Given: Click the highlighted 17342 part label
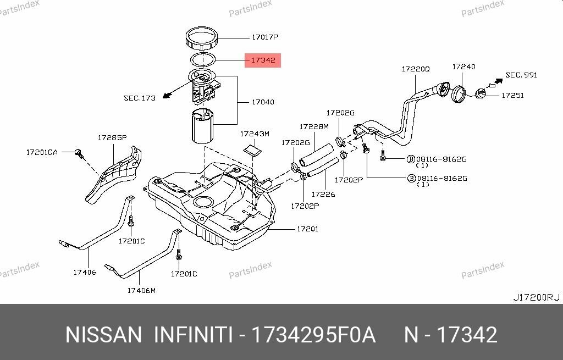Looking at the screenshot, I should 263,60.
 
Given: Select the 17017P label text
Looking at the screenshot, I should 265,37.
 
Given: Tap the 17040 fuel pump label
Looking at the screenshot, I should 263,102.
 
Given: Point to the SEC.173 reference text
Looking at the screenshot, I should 139,98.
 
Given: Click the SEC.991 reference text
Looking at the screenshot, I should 521,75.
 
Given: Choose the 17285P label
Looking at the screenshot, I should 112,137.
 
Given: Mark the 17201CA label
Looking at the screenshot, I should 41,152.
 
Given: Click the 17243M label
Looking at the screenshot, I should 255,134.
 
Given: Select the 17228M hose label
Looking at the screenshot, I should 313,126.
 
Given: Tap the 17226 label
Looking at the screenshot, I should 323,194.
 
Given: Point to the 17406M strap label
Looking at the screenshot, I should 141,290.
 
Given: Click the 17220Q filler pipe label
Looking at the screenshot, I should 415,69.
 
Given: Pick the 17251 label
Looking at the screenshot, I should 512,95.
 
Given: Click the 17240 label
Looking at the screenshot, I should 463,67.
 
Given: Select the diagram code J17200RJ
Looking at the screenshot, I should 536,297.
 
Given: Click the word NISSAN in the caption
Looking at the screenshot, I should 103,335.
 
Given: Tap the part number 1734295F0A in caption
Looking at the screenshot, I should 313,335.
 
